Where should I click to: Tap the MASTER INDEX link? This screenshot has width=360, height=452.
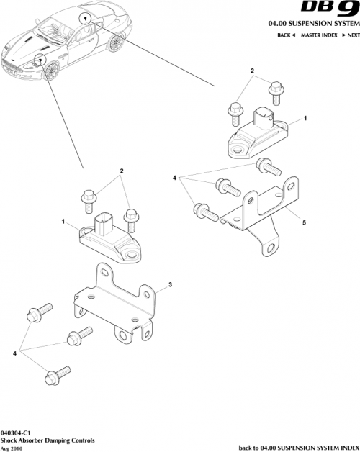click(320, 35)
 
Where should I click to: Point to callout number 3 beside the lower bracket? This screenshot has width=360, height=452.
click(170, 286)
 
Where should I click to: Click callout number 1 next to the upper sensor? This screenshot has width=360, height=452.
click(305, 117)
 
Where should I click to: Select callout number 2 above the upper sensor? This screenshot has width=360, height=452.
click(252, 71)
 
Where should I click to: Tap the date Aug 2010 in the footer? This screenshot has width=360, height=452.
click(13, 447)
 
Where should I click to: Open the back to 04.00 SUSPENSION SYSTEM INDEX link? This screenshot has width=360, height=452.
click(296, 447)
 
